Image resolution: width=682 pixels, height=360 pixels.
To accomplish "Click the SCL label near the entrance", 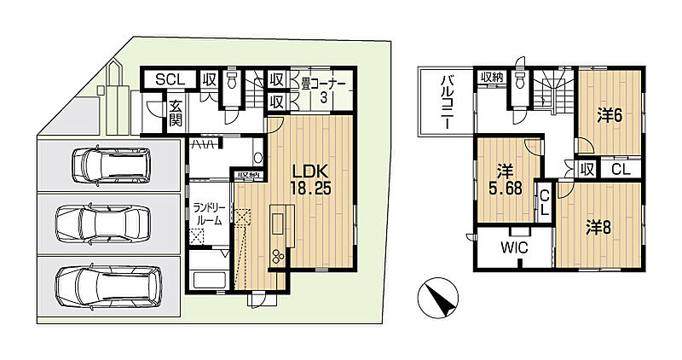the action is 170,79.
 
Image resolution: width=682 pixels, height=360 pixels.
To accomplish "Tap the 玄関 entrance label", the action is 176,113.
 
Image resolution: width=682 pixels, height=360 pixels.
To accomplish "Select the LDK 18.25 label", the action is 311,179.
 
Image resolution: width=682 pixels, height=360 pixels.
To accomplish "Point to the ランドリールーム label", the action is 209,214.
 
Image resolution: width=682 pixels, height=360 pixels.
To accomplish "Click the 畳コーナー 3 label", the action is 323,90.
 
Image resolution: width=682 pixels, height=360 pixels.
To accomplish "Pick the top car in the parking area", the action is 112,165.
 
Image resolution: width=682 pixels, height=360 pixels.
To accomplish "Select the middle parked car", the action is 103,224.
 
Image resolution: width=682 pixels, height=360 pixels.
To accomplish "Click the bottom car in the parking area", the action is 109,286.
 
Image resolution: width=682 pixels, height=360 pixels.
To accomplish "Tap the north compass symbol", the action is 437,298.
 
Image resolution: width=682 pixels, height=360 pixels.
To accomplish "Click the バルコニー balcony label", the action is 446,102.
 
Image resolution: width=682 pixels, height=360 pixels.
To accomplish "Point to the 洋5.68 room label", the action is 505,179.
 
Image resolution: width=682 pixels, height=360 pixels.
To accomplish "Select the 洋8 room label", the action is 598,227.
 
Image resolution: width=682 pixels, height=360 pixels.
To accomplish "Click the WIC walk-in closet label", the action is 514,247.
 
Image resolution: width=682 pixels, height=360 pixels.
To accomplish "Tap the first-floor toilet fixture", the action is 231,79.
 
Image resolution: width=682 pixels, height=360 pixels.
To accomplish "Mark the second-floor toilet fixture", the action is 519,79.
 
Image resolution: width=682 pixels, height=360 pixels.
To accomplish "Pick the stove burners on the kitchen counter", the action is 278,257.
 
